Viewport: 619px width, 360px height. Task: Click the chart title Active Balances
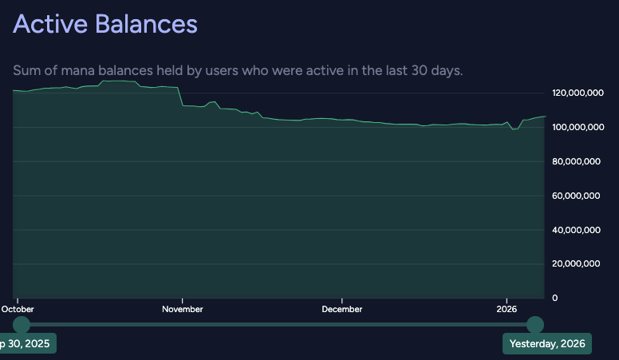pos(104,24)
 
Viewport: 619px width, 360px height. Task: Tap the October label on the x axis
pos(18,309)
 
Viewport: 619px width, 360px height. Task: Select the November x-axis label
pos(183,309)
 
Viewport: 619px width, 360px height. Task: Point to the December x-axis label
pos(342,309)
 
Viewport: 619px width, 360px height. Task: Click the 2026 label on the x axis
pos(507,309)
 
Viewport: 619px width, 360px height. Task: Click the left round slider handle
pos(22,325)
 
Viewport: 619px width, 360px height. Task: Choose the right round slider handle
pos(535,325)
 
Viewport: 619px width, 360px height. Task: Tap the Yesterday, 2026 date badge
pos(546,344)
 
